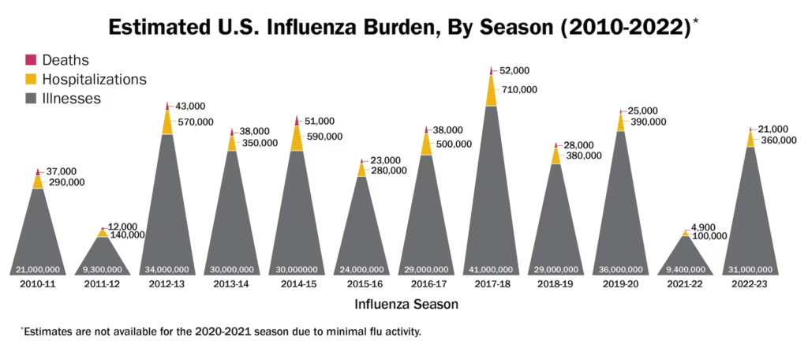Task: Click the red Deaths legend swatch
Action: (x=32, y=59)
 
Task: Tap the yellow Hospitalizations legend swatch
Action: (x=32, y=79)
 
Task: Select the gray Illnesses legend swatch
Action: (x=32, y=99)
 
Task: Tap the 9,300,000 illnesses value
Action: (x=103, y=269)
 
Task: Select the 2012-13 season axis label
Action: (x=168, y=283)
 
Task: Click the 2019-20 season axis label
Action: (x=620, y=283)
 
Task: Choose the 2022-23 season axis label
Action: (x=750, y=283)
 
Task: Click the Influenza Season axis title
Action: (x=406, y=304)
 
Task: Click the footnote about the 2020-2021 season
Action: (x=220, y=332)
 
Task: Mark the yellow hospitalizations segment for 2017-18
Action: (x=492, y=92)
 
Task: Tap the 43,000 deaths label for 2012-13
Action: (x=189, y=106)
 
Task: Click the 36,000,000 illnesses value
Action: (x=620, y=269)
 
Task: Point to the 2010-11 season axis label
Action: (x=38, y=283)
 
